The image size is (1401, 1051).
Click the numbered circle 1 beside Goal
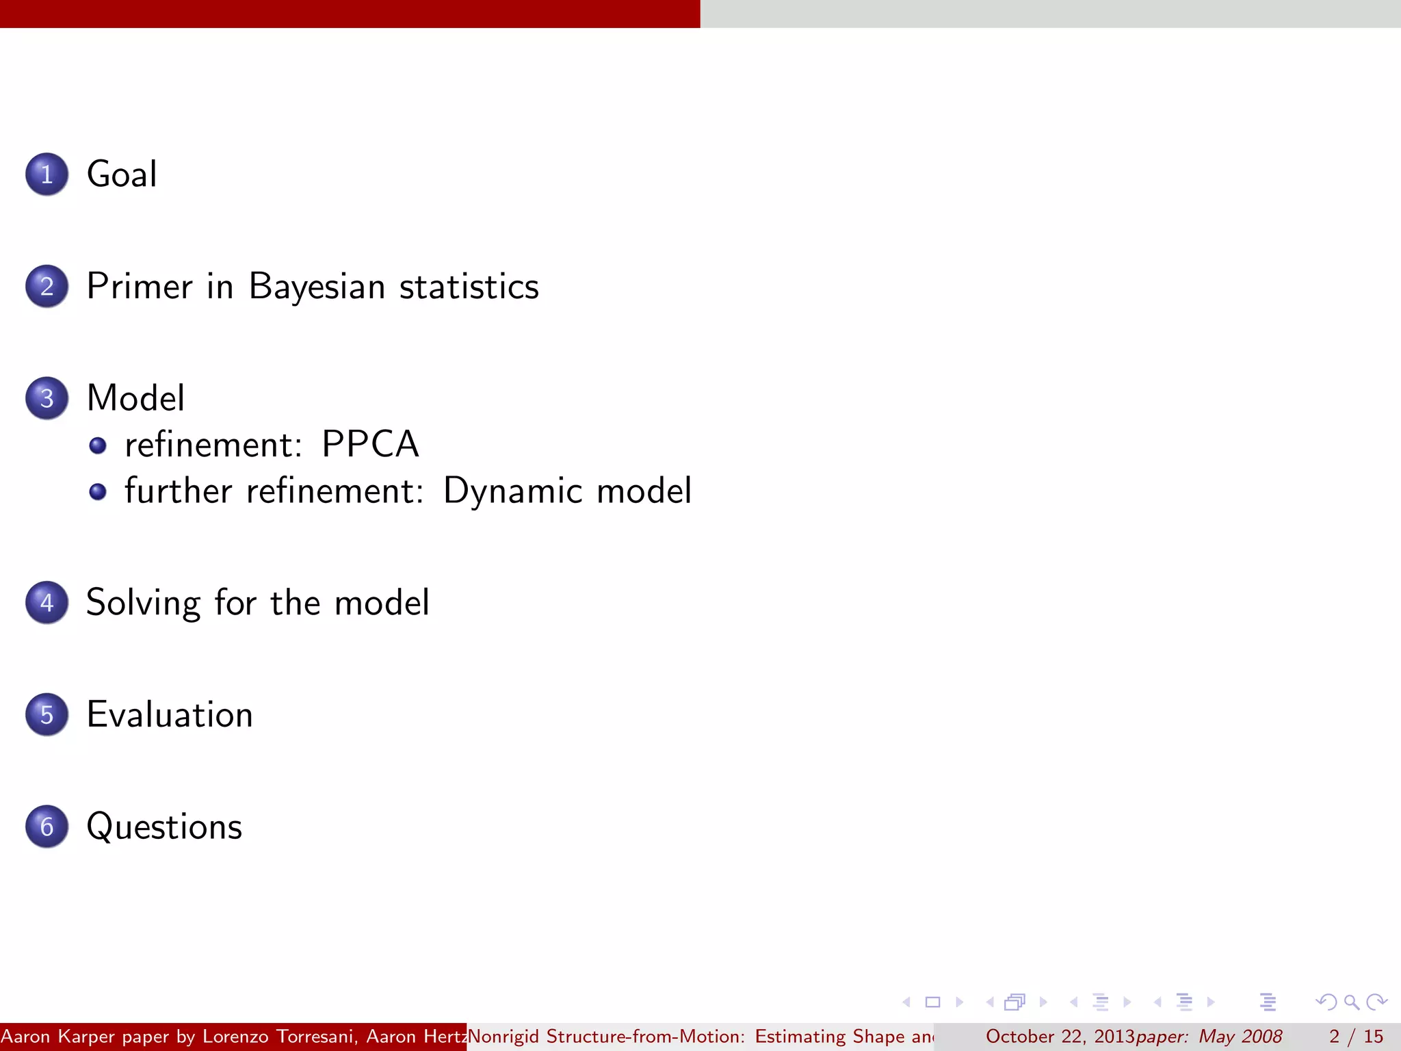[x=47, y=174]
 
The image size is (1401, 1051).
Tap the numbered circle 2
[x=47, y=286]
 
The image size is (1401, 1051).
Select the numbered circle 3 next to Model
[x=47, y=398]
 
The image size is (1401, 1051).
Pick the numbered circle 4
[x=47, y=602]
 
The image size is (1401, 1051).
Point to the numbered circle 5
[x=47, y=714]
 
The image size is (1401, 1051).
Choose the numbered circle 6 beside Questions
[x=47, y=827]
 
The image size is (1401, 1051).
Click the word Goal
[x=122, y=174]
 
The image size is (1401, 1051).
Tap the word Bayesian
[x=317, y=286]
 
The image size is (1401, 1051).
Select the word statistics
[x=469, y=286]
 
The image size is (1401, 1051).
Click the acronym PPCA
[x=370, y=444]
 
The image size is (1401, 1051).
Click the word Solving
[x=144, y=604]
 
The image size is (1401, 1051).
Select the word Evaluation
[x=170, y=714]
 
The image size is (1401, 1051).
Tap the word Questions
[x=164, y=827]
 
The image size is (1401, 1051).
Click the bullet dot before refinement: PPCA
[x=98, y=445]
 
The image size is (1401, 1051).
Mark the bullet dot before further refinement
[x=98, y=491]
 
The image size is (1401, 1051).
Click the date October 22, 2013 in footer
[x=1060, y=1037]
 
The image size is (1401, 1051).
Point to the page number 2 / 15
[x=1356, y=1037]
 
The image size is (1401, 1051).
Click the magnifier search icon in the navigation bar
[x=1351, y=1002]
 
